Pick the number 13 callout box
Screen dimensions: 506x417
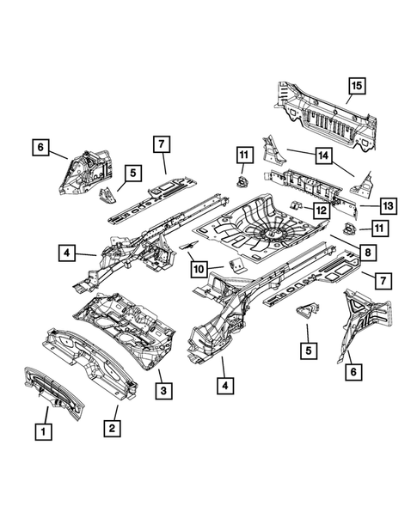click(x=388, y=205)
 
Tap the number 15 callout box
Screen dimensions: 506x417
click(x=357, y=85)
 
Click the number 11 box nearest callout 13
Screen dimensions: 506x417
click(x=377, y=228)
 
